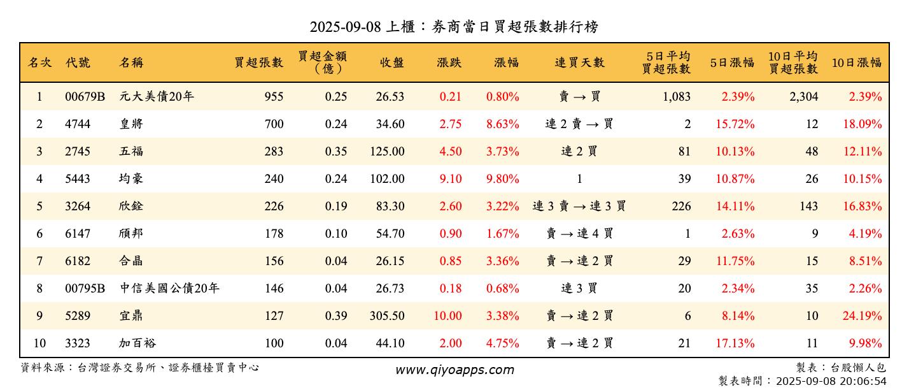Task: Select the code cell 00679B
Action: pyautogui.click(x=85, y=97)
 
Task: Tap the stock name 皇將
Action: pyautogui.click(x=131, y=124)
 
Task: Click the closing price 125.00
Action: pyautogui.click(x=387, y=152)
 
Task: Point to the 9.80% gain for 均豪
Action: pyautogui.click(x=502, y=179)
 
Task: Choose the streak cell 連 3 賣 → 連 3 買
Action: pyautogui.click(x=579, y=206)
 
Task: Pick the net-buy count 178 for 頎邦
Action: pyautogui.click(x=274, y=234)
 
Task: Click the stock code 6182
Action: pyautogui.click(x=78, y=261)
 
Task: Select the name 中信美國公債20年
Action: pyautogui.click(x=169, y=289)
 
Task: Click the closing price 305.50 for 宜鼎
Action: pyautogui.click(x=387, y=316)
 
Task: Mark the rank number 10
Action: pyautogui.click(x=39, y=343)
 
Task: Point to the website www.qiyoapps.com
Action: pyautogui.click(x=454, y=370)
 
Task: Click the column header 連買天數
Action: pyautogui.click(x=579, y=62)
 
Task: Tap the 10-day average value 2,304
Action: pyautogui.click(x=803, y=97)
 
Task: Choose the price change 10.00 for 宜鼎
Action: pyautogui.click(x=447, y=316)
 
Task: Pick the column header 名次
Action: pyautogui.click(x=39, y=62)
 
